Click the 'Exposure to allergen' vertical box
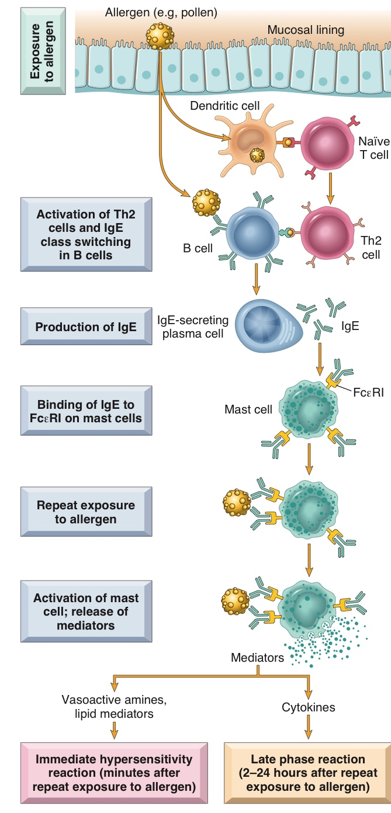(x=42, y=51)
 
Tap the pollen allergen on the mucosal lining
(x=160, y=36)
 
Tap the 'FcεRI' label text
(x=368, y=392)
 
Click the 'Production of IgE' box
(x=86, y=326)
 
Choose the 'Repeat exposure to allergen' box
(x=86, y=512)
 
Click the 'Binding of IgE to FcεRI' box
(x=86, y=409)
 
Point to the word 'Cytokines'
(x=308, y=707)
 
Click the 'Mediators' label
(x=257, y=658)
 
